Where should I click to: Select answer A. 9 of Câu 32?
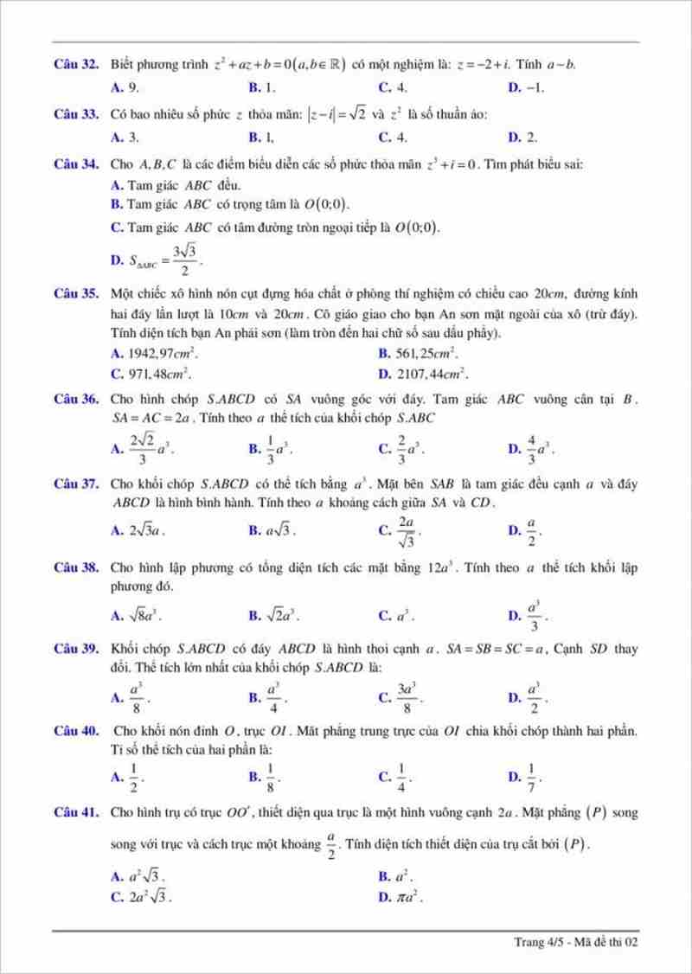tap(125, 87)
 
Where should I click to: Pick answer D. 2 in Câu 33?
tap(523, 137)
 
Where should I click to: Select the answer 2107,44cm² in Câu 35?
tap(424, 375)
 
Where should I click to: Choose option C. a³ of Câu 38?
tap(397, 617)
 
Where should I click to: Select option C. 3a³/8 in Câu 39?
tap(401, 696)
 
